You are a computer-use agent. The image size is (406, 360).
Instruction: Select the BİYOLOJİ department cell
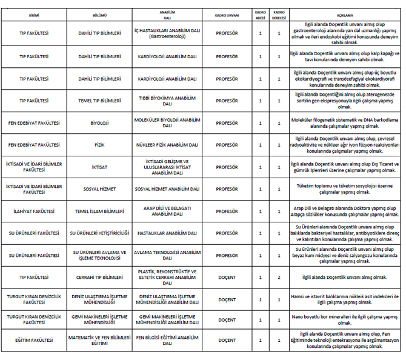99,123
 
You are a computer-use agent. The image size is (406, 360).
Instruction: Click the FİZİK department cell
99,145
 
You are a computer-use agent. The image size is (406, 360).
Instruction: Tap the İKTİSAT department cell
99,167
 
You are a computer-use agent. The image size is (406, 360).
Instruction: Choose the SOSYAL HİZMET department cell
99,188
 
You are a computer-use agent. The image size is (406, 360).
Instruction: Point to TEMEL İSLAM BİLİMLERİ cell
99,211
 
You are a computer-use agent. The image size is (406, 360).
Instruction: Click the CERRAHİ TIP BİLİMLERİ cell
99,277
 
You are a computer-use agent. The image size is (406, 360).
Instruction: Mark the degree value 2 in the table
279,277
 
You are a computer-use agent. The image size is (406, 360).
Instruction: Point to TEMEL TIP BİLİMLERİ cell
99,101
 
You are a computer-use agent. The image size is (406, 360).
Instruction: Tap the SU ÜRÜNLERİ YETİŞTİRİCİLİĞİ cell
99,233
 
